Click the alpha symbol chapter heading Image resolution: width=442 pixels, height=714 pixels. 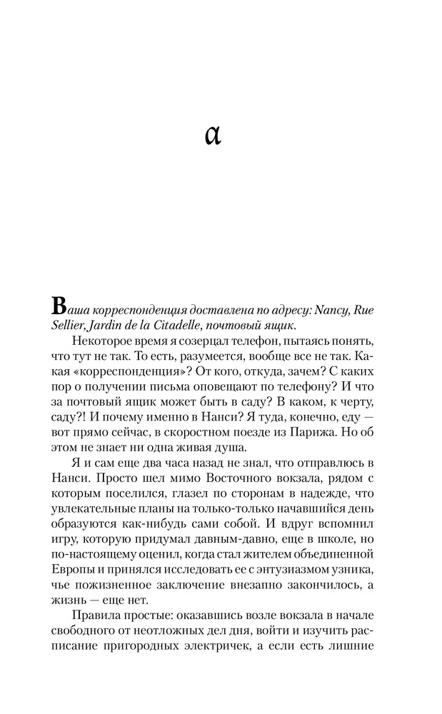tap(213, 134)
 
